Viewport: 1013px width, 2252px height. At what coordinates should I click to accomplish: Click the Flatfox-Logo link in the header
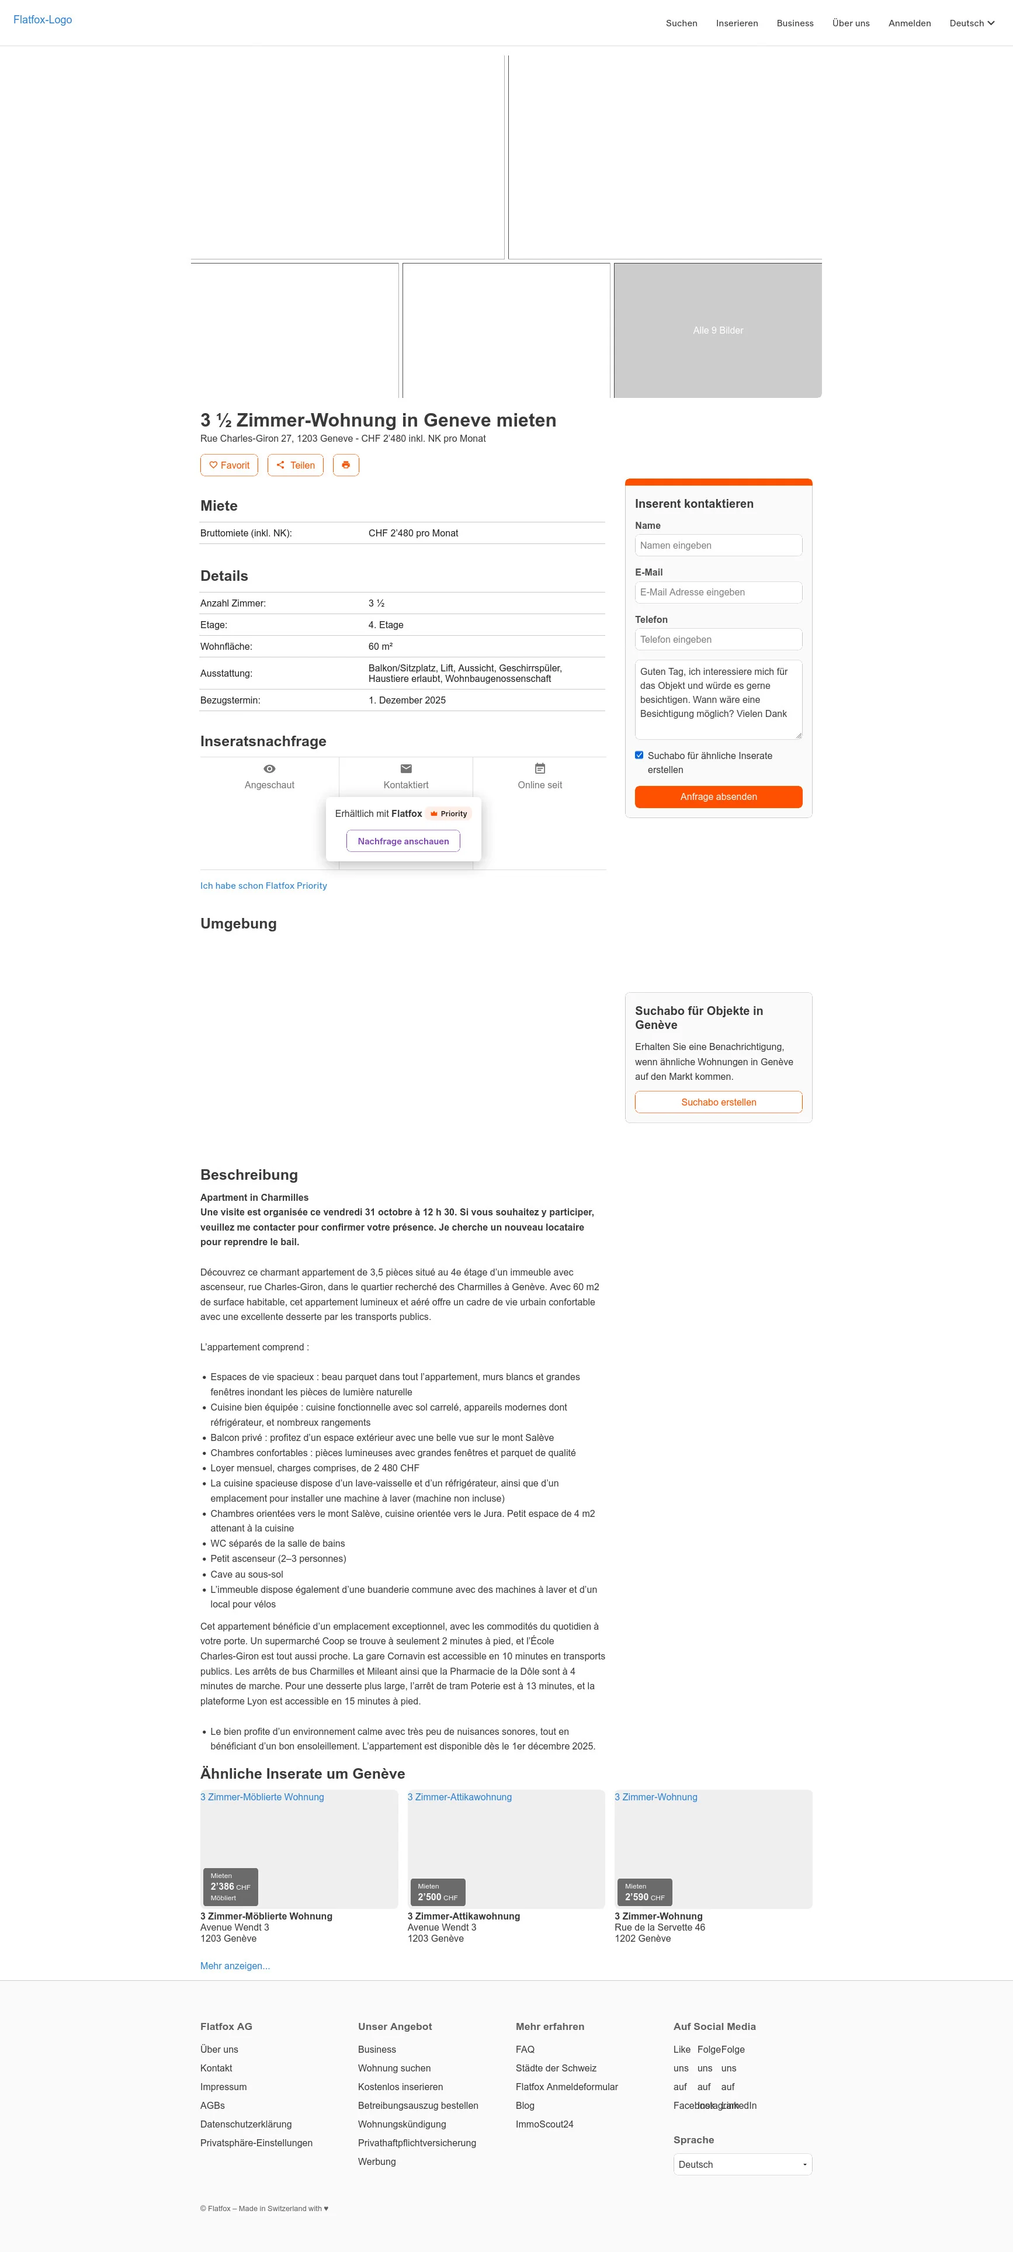tap(43, 20)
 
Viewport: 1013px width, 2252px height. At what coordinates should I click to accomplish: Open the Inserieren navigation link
tap(736, 23)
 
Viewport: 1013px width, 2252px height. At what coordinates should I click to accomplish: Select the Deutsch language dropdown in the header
tap(971, 23)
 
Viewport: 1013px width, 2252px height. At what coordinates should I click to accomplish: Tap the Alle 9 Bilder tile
tap(717, 331)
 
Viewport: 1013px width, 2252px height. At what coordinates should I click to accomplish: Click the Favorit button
tap(229, 465)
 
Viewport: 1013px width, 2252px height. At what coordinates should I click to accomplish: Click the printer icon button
tap(345, 465)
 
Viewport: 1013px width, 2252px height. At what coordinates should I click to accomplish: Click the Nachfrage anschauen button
tap(403, 841)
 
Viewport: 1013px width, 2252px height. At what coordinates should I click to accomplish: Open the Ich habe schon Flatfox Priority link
tap(263, 886)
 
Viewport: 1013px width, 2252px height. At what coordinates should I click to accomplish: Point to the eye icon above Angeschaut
tap(269, 768)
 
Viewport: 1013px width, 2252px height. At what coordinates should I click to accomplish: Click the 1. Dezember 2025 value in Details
tap(407, 700)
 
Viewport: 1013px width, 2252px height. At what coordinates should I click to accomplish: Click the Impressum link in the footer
tap(223, 2087)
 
